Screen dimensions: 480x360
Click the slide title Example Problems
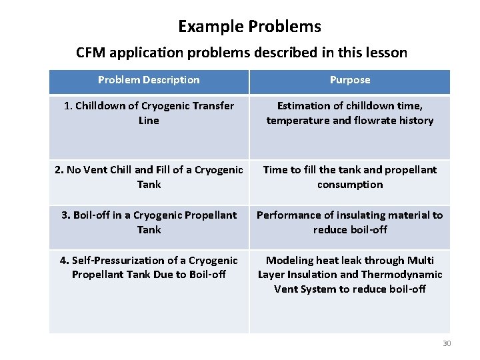[x=249, y=27]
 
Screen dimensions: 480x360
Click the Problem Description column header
[x=149, y=80]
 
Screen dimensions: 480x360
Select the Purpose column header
[x=349, y=80]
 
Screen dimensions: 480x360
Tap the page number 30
[x=447, y=343]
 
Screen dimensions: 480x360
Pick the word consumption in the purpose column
[x=350, y=185]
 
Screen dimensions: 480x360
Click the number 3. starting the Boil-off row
[x=65, y=215]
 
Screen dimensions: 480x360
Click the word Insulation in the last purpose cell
[x=320, y=275]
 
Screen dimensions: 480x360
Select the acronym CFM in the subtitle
[x=91, y=53]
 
